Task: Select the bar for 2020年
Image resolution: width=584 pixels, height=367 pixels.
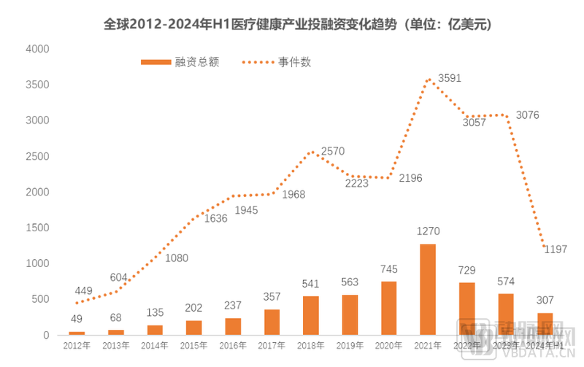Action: pos(389,308)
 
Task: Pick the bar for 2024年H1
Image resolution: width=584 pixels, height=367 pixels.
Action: pos(544,324)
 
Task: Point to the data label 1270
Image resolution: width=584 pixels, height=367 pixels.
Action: pos(428,231)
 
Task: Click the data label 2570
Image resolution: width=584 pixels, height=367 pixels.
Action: pos(332,151)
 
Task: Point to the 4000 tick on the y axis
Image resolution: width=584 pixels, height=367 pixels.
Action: pos(36,49)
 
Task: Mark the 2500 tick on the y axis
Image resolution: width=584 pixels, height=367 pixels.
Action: pos(36,156)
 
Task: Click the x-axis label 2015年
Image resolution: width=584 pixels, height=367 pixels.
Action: pos(193,345)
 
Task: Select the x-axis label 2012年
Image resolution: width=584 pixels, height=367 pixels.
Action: pos(77,345)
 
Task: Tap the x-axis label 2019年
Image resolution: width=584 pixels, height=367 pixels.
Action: pos(350,345)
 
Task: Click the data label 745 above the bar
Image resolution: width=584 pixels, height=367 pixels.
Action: pos(389,269)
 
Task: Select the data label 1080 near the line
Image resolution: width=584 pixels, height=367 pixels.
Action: pos(177,258)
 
